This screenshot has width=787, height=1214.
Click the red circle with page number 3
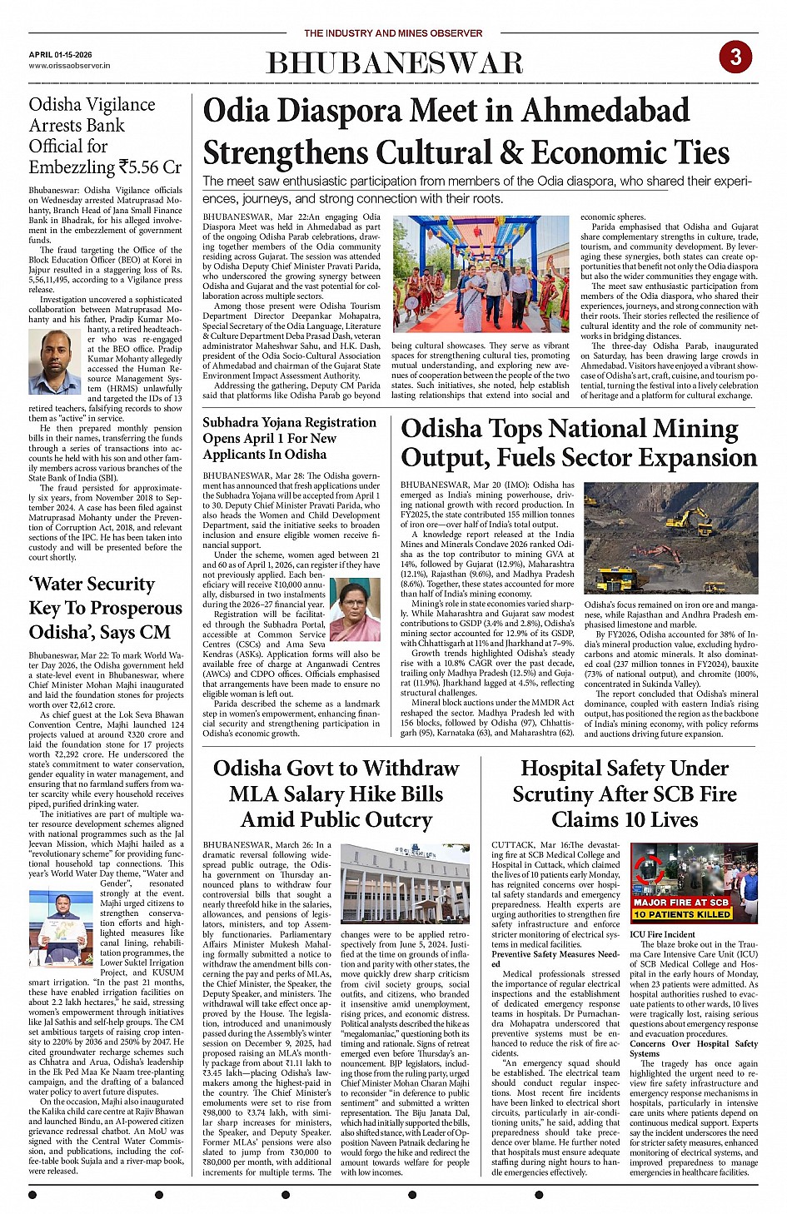pyautogui.click(x=735, y=57)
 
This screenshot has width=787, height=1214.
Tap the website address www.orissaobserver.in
pyautogui.click(x=69, y=65)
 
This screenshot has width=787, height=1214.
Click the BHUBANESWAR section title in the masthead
pyautogui.click(x=395, y=64)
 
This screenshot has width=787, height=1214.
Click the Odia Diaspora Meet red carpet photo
pyautogui.click(x=481, y=274)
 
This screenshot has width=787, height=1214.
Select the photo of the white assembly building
pyautogui.click(x=406, y=883)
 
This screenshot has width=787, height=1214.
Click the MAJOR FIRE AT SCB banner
pyautogui.click(x=681, y=902)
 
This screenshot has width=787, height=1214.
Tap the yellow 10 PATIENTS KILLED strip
pyautogui.click(x=681, y=913)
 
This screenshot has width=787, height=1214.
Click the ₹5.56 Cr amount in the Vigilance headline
pyautogui.click(x=150, y=167)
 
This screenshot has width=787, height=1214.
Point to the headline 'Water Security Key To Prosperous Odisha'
pyautogui.click(x=100, y=608)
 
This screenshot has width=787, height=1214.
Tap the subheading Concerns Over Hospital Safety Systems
pyautogui.click(x=694, y=1048)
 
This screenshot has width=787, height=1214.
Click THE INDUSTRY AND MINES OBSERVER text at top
pyautogui.click(x=393, y=33)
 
